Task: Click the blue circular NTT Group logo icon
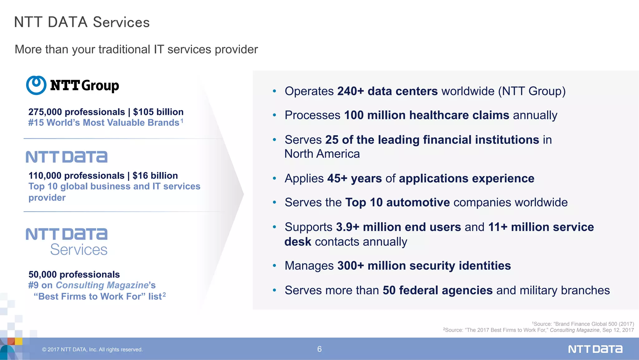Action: click(x=36, y=85)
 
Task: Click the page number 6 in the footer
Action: click(x=319, y=349)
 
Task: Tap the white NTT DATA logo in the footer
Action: click(x=595, y=349)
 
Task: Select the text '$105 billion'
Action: click(x=158, y=112)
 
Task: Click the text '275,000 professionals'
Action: click(x=76, y=112)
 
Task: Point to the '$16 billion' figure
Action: click(x=155, y=175)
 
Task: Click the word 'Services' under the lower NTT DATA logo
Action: click(x=79, y=250)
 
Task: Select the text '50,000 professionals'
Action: click(x=74, y=274)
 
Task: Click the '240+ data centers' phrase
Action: click(x=387, y=91)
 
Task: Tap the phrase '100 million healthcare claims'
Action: click(x=427, y=115)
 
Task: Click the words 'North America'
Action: click(x=322, y=154)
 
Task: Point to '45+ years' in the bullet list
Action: click(x=354, y=179)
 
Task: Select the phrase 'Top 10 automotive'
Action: click(x=398, y=203)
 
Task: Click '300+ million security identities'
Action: click(x=424, y=266)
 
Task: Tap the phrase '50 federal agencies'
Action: click(x=437, y=290)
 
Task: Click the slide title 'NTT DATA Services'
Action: click(x=82, y=22)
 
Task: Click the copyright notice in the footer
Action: click(x=92, y=349)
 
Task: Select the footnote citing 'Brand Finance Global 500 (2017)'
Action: click(x=583, y=324)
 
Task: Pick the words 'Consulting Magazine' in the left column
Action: click(x=102, y=285)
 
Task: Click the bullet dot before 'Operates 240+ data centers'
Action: click(x=274, y=91)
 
